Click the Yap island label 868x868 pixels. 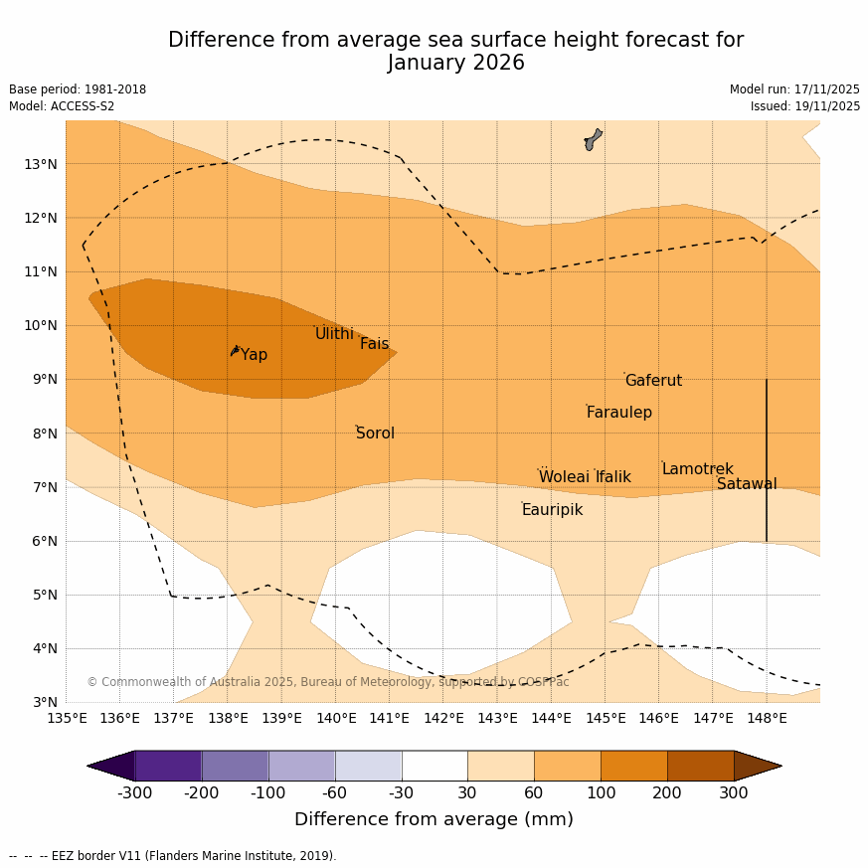tap(254, 355)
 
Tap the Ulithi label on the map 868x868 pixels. tap(334, 334)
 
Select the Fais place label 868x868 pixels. tap(374, 344)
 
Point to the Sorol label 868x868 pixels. tap(375, 434)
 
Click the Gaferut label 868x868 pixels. tap(653, 381)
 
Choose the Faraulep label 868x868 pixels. tap(618, 413)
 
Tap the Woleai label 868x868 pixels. tap(564, 477)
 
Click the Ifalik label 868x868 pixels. tap(612, 477)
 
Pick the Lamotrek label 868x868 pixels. tap(697, 469)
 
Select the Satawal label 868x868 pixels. tap(747, 484)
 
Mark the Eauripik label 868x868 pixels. tap(552, 510)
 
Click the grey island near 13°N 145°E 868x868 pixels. tap(593, 139)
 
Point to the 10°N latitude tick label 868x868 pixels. tap(40, 325)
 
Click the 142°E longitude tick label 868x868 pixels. tap(443, 718)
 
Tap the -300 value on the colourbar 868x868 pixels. tap(134, 792)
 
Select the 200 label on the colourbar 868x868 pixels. tap(667, 792)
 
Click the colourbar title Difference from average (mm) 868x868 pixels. tap(434, 819)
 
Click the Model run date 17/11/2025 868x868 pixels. tap(826, 89)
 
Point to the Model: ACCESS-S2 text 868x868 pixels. tap(62, 106)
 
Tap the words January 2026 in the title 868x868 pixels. tap(455, 64)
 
